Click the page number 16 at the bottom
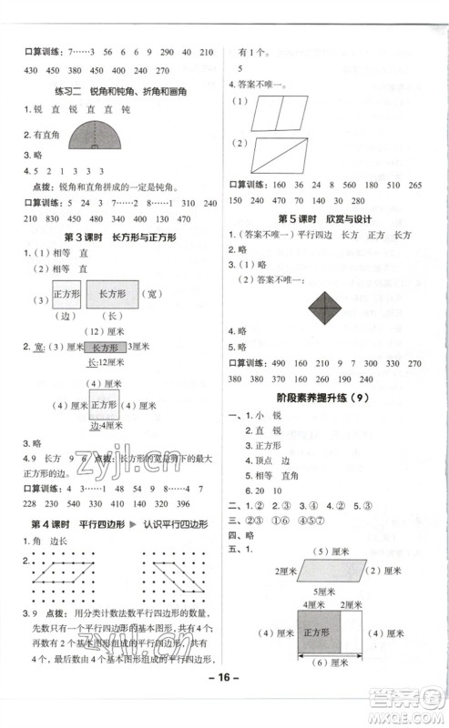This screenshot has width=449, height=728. tap(224, 703)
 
